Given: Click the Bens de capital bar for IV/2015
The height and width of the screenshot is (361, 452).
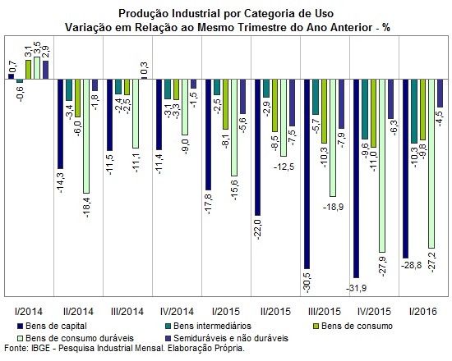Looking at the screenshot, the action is (357, 179).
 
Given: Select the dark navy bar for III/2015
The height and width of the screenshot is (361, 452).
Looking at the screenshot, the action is (307, 174).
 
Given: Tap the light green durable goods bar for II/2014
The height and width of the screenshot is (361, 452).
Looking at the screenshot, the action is (86, 136).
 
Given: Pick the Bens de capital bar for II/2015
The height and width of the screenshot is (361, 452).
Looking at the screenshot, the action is (257, 148).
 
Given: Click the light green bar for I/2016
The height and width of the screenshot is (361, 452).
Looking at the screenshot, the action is (431, 163).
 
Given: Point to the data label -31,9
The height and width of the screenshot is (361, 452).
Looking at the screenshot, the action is (357, 288).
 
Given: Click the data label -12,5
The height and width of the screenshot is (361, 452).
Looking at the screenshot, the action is (284, 167).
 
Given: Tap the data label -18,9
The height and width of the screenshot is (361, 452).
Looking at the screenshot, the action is (333, 207).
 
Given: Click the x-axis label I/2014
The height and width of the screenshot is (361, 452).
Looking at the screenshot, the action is (29, 312).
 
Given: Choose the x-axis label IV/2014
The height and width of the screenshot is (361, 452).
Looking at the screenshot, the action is (177, 312).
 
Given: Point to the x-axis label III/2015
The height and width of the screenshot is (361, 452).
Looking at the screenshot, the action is (325, 312).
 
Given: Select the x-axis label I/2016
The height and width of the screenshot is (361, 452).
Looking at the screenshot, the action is (423, 312).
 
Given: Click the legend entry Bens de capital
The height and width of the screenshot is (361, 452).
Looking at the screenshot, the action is (52, 326).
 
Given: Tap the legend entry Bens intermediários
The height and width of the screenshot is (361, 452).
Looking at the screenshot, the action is (209, 326).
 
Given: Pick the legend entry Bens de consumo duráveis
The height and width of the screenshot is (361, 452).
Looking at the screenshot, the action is (76, 338).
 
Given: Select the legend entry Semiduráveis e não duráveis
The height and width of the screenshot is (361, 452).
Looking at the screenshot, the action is (227, 338).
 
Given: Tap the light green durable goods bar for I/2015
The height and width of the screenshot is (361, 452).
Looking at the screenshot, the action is (234, 127).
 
